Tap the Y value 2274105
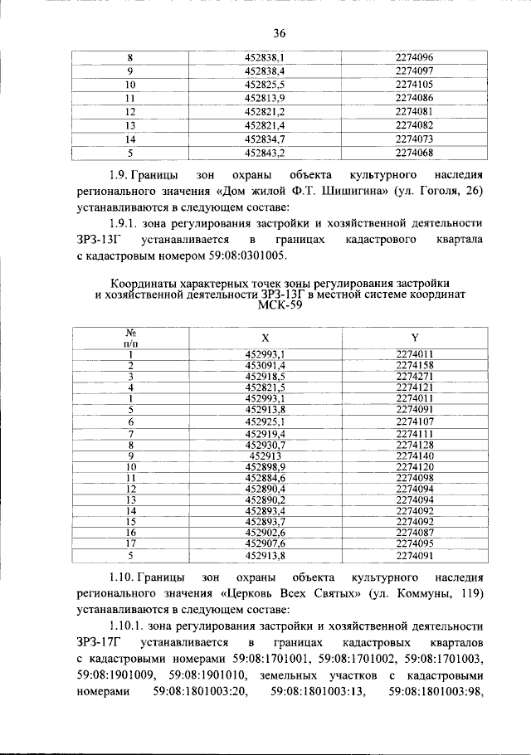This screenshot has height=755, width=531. [414, 85]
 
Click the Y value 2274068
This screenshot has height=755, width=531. [414, 153]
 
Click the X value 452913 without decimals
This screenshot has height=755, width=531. [265, 455]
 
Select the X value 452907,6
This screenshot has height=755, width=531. [265, 543]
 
